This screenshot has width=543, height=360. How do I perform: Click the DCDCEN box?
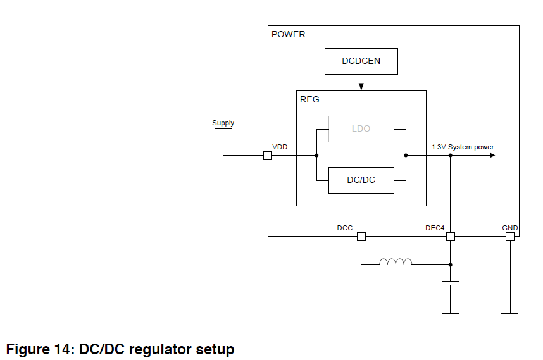point(361,61)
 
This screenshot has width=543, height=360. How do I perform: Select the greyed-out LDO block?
point(361,128)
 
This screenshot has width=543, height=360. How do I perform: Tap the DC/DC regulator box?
point(361,180)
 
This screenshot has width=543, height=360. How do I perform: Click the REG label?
point(309,99)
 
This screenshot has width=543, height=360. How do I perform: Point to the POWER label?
point(288,34)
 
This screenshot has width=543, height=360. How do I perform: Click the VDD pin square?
point(268,156)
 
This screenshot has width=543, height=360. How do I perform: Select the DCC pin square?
point(361,237)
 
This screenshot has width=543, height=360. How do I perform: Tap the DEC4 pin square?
point(450,237)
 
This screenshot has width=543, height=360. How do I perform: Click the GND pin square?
point(509,237)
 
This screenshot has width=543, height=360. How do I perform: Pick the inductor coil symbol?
point(396,262)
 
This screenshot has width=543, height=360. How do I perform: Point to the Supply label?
point(223,123)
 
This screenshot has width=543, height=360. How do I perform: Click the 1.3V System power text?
point(463,147)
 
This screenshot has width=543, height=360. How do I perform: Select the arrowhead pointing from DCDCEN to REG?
point(361,86)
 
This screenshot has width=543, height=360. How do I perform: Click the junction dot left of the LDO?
point(316,156)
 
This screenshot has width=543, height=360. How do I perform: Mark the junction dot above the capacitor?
point(450,264)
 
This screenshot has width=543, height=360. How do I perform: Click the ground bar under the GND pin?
point(509,313)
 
